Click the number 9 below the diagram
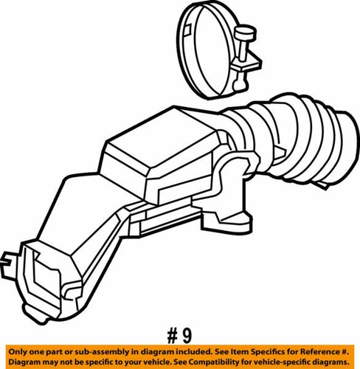pos(187,337)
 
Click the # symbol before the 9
pos(173,337)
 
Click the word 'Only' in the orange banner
pos(18,351)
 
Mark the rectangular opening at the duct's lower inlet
pos(46,275)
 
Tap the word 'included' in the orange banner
pos(195,351)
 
